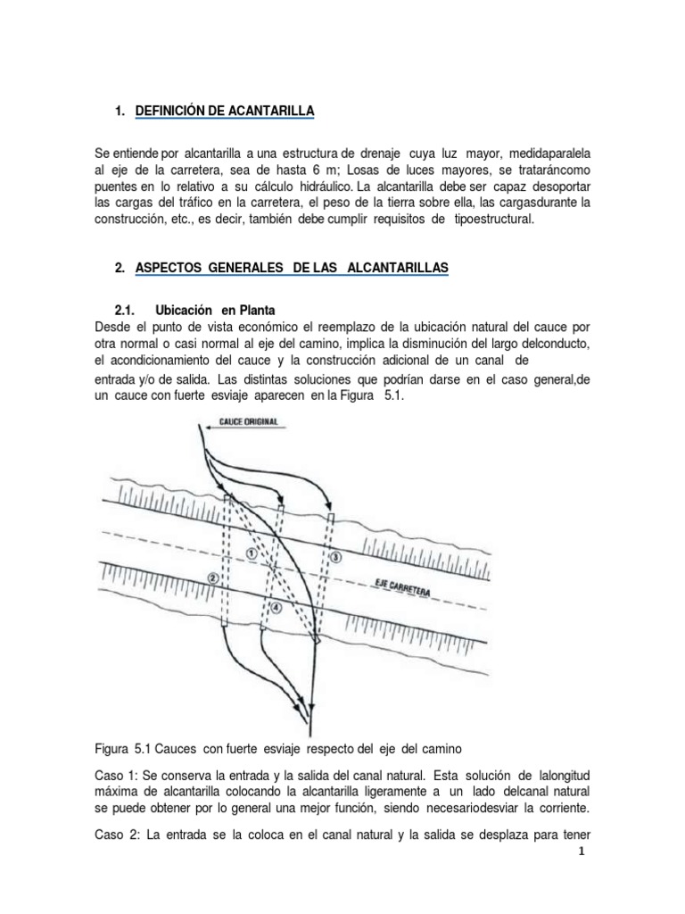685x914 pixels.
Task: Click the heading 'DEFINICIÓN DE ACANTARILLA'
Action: [225, 112]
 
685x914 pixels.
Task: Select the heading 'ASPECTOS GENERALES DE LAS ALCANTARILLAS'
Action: [293, 269]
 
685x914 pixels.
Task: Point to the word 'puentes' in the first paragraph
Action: [116, 186]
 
